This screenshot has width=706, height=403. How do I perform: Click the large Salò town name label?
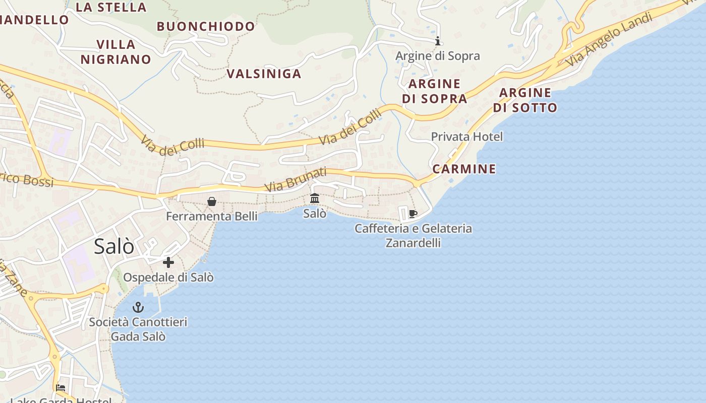coord(114,246)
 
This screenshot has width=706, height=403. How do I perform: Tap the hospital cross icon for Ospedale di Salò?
coord(168,262)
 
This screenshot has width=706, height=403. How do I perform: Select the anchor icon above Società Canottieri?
coord(138,307)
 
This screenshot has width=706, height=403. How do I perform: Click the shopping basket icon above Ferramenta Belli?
coord(212,201)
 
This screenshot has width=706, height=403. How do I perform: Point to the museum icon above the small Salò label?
coord(315,198)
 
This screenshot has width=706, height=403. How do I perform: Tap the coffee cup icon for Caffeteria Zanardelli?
coord(413,214)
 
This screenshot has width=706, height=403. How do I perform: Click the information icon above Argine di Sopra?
coord(438,41)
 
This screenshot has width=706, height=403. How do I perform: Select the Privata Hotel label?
coord(466,137)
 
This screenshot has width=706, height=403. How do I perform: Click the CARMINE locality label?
coord(464,169)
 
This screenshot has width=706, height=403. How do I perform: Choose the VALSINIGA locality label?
coord(264,74)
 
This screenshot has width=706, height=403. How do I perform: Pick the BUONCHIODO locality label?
coord(206,26)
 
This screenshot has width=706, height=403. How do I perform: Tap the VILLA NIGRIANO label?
coord(115,52)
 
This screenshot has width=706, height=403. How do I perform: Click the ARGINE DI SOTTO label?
coord(525,100)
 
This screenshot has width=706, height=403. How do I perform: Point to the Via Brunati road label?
coord(296,180)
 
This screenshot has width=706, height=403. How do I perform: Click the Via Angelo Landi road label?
coord(609,39)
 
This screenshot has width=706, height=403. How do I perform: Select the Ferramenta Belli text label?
coord(212,217)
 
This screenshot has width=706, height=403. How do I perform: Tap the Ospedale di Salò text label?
coord(168,278)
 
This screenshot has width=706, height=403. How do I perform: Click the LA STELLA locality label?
coord(111,7)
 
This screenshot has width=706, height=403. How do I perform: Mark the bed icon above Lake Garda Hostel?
coord(61,388)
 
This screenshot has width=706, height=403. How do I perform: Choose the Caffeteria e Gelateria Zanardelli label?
coord(413,235)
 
